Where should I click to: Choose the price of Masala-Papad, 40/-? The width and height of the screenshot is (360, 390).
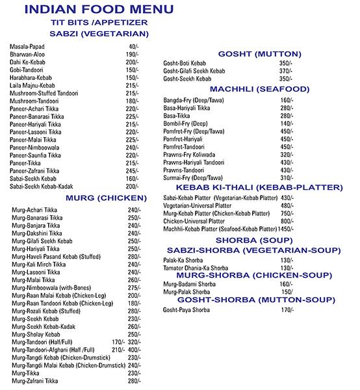(x=134, y=47)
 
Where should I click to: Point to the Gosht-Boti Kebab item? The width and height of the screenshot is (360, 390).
(x=185, y=63)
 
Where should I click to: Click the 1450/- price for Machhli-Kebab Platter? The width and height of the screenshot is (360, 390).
(x=286, y=229)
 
